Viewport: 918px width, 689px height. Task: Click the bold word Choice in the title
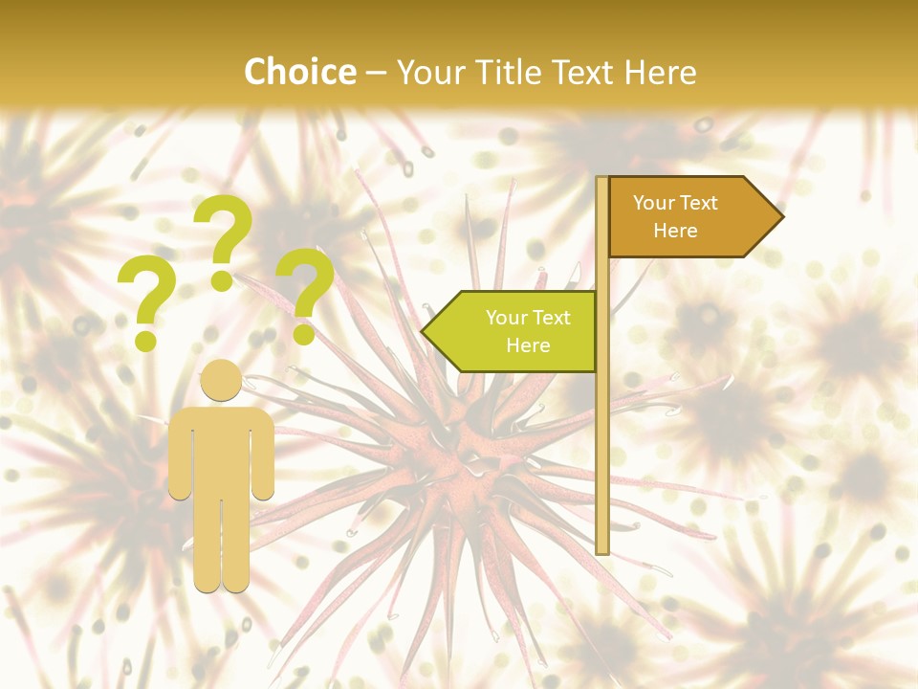pyautogui.click(x=299, y=72)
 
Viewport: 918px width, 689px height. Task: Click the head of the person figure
pyautogui.click(x=222, y=381)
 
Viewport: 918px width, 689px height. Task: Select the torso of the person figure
pyautogui.click(x=222, y=450)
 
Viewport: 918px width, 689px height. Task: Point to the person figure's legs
pyautogui.click(x=222, y=545)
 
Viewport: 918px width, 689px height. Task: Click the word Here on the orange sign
pyautogui.click(x=675, y=231)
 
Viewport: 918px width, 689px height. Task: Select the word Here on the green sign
pyautogui.click(x=528, y=345)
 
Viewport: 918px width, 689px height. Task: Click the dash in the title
pyautogui.click(x=376, y=73)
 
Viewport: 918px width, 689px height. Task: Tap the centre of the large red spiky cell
pyautogui.click(x=469, y=450)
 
